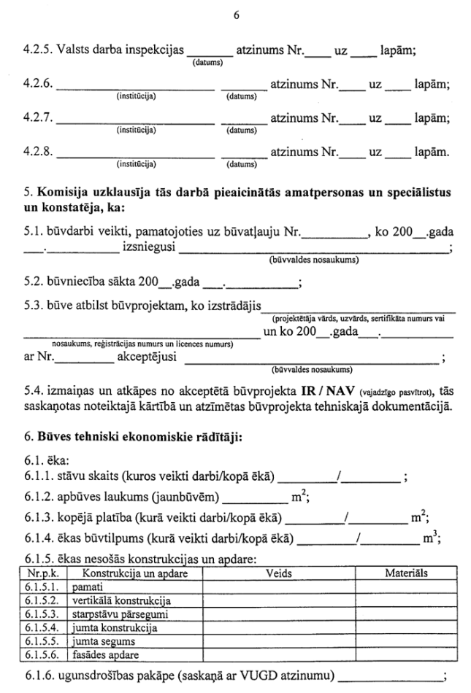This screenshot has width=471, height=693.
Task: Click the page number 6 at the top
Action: pos(236,15)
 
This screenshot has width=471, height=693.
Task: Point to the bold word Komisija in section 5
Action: pos(59,193)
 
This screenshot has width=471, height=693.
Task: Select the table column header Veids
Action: pos(280,574)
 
